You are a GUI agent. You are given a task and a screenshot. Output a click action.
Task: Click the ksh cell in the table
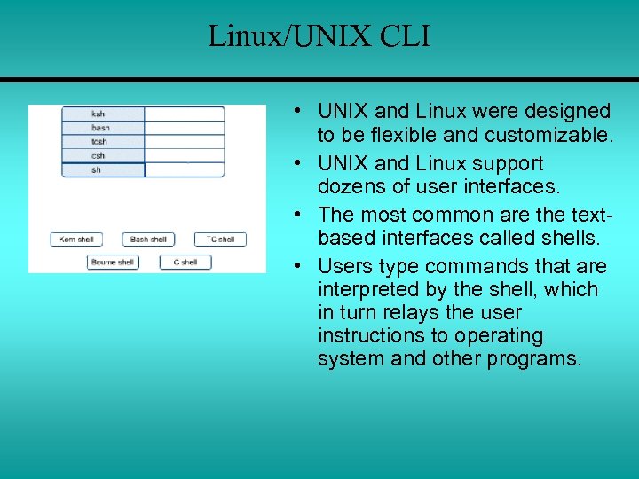pyautogui.click(x=102, y=114)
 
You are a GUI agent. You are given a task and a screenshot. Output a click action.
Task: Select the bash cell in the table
pyautogui.click(x=102, y=128)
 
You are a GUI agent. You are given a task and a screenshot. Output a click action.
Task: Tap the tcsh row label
pyautogui.click(x=102, y=142)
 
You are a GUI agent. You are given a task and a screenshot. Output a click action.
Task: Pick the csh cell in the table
pyautogui.click(x=102, y=156)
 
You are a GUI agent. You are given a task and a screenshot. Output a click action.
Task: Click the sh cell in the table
pyautogui.click(x=102, y=170)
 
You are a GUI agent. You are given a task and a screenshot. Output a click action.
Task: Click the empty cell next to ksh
pyautogui.click(x=183, y=114)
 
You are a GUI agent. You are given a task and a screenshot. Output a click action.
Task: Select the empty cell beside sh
pyautogui.click(x=183, y=170)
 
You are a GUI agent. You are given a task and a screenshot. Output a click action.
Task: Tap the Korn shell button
pyautogui.click(x=76, y=239)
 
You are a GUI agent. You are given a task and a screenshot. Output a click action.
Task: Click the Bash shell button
pyautogui.click(x=148, y=239)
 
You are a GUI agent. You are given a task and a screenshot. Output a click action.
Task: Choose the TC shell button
pyautogui.click(x=220, y=239)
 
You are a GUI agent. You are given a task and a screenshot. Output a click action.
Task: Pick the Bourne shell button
pyautogui.click(x=113, y=262)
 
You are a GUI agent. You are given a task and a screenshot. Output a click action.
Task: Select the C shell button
pyautogui.click(x=185, y=262)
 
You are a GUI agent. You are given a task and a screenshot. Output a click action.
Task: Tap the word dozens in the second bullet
pyautogui.click(x=349, y=187)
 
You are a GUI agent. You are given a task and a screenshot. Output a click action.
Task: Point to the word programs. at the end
pyautogui.click(x=534, y=359)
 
